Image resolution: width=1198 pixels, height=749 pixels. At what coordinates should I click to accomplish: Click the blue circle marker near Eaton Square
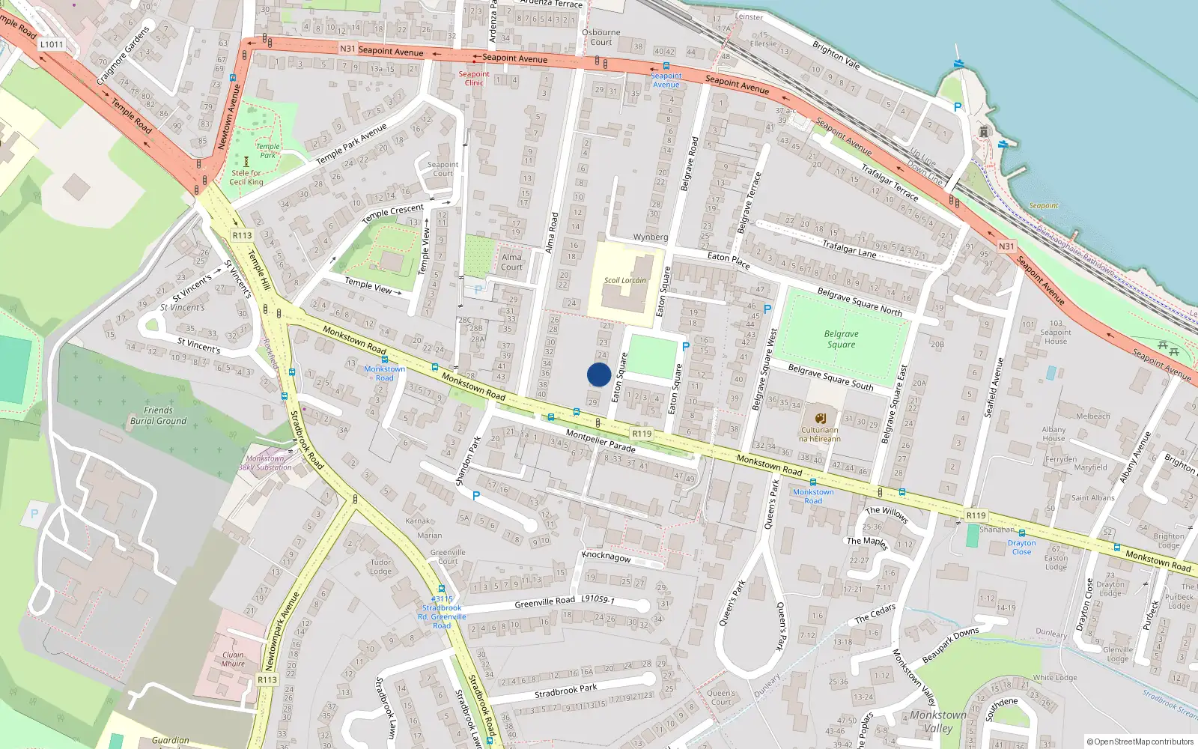[x=599, y=374]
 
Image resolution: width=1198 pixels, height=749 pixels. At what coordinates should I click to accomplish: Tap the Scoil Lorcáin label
[x=624, y=280]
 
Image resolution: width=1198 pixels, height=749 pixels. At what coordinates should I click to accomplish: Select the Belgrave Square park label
[x=841, y=339]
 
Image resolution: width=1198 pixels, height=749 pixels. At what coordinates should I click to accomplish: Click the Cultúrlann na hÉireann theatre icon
[x=821, y=418]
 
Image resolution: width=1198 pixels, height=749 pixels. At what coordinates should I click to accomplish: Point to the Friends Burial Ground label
[x=158, y=416]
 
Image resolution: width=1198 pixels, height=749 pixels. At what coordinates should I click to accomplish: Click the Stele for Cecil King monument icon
[x=246, y=161]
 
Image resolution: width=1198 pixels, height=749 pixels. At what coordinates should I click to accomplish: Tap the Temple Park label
[x=267, y=151]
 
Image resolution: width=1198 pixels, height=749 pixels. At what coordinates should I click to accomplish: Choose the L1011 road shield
[x=52, y=44]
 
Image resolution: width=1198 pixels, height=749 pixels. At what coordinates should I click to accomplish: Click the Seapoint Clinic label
[x=474, y=78]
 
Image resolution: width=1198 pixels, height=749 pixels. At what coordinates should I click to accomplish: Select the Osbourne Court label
[x=600, y=37]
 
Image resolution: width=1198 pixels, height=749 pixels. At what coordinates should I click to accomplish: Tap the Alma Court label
[x=511, y=261]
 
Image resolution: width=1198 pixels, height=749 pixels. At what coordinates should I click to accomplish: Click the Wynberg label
[x=650, y=237]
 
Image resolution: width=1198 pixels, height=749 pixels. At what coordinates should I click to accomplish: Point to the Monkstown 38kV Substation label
[x=265, y=463]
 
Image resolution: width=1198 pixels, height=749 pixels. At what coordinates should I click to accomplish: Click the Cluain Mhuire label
[x=233, y=658]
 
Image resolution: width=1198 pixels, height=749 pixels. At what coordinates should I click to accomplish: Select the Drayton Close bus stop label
[x=1021, y=547]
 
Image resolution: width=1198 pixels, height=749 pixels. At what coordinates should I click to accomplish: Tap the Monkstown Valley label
[x=938, y=721]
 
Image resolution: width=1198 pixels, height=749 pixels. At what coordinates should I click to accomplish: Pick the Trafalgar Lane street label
[x=849, y=249]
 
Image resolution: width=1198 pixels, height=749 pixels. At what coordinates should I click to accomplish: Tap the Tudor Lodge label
[x=380, y=566]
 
